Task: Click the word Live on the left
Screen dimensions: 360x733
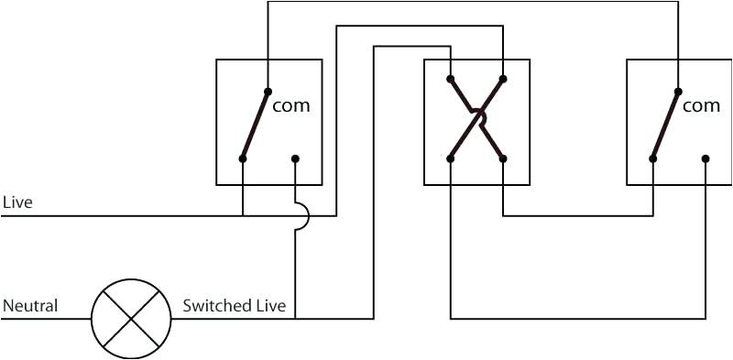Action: [17, 202]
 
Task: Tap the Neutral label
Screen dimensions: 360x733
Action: [30, 305]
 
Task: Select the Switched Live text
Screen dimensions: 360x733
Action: [234, 305]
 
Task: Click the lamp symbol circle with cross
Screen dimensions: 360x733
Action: [131, 319]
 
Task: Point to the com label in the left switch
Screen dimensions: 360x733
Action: [291, 105]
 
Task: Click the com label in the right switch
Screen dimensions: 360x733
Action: [702, 105]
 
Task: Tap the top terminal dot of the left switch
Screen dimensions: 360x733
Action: [268, 91]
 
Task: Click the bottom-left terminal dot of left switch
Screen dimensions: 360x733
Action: [243, 158]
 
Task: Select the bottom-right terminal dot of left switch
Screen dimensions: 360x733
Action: [295, 158]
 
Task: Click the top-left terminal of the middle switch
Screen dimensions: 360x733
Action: [451, 78]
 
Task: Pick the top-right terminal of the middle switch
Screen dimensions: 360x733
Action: [503, 78]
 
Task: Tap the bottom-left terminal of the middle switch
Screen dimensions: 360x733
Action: [451, 158]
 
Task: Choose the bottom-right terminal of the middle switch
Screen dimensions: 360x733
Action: [503, 158]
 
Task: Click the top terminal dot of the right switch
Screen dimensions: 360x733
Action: [678, 91]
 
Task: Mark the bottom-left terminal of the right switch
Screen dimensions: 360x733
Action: [653, 158]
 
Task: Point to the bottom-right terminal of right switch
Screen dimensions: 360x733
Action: [706, 158]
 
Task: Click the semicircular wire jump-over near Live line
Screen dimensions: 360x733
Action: [301, 216]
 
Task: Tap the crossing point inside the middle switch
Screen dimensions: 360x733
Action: [476, 116]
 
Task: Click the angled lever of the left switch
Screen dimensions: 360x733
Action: [255, 125]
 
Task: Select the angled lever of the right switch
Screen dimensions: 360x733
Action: [665, 125]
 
